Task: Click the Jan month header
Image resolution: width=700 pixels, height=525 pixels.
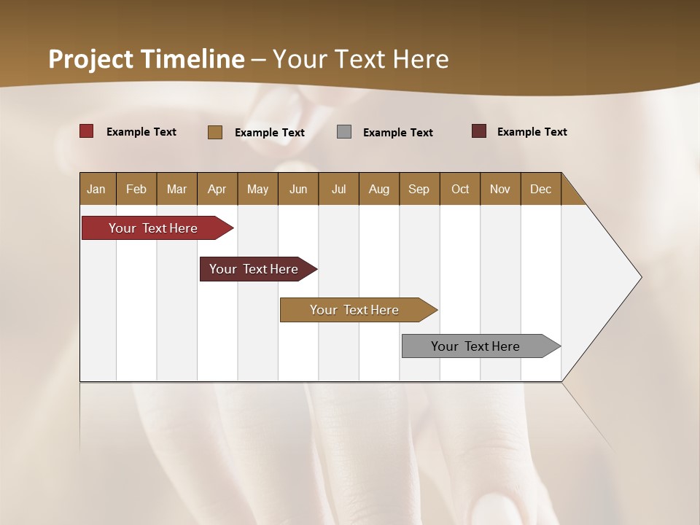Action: pyautogui.click(x=97, y=189)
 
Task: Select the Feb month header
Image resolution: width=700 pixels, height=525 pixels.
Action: pyautogui.click(x=136, y=189)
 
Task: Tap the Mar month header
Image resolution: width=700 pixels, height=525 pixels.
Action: pyautogui.click(x=176, y=189)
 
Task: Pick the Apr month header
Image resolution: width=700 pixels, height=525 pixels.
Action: pyautogui.click(x=217, y=189)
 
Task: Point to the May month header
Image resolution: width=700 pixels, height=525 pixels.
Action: pyautogui.click(x=257, y=189)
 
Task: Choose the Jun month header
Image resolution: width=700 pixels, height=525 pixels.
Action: pyautogui.click(x=298, y=189)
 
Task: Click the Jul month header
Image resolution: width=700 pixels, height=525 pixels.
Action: pyautogui.click(x=338, y=189)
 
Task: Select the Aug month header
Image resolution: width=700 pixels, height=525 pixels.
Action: pyautogui.click(x=379, y=189)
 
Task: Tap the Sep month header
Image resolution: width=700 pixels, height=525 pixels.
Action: pyautogui.click(x=419, y=189)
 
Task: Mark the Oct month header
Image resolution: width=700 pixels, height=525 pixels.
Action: pyautogui.click(x=460, y=189)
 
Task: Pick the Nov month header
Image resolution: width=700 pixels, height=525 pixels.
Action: pyautogui.click(x=500, y=189)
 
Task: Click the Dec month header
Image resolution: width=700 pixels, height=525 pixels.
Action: pyautogui.click(x=541, y=189)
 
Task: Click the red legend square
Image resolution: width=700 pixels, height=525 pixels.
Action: pyautogui.click(x=87, y=131)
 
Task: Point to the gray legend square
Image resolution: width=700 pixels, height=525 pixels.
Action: pyautogui.click(x=344, y=132)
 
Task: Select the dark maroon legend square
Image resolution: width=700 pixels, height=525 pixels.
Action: pyautogui.click(x=479, y=131)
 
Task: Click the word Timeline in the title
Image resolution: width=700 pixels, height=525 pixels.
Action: pyautogui.click(x=192, y=59)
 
